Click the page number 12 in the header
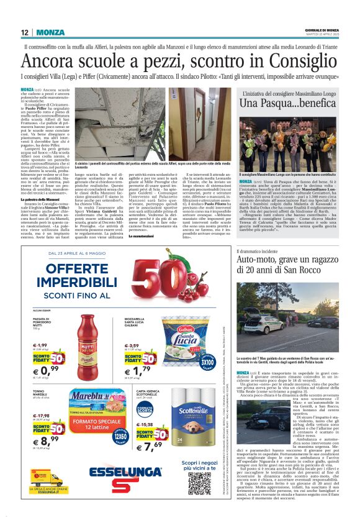tap(25, 32)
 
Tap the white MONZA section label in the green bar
tap(50, 32)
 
